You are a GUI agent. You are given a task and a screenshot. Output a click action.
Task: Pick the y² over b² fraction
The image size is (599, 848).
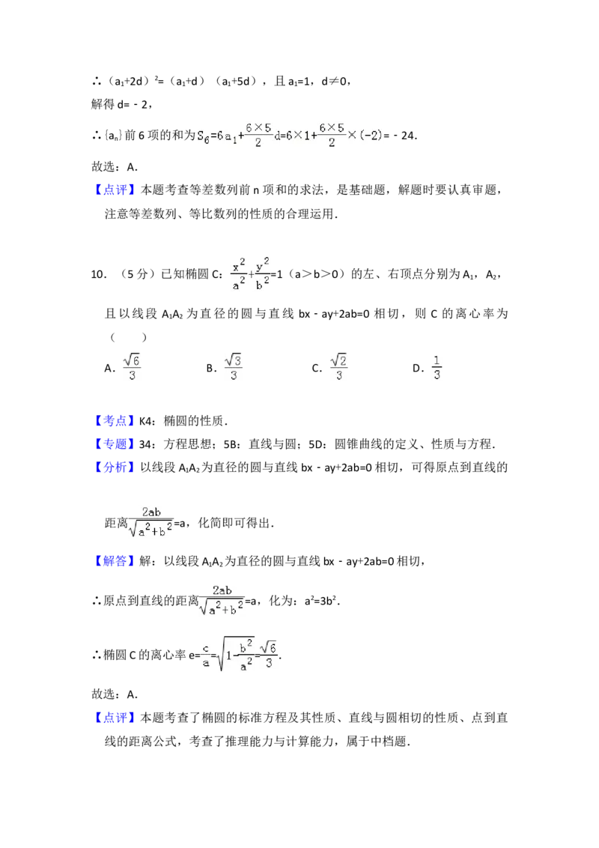(262, 273)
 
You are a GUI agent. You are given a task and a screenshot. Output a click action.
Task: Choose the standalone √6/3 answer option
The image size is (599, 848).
(131, 366)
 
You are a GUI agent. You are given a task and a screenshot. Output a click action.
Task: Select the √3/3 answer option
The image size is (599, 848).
(233, 366)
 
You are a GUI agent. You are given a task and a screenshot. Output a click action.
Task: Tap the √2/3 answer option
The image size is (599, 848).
(341, 366)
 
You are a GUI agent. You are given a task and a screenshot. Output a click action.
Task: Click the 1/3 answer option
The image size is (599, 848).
(437, 366)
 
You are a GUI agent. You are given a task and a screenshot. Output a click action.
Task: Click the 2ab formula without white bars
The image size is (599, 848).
(152, 521)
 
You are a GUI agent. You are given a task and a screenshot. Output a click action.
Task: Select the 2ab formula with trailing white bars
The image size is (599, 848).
(222, 599)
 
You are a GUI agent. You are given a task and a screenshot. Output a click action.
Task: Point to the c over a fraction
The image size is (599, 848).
(205, 654)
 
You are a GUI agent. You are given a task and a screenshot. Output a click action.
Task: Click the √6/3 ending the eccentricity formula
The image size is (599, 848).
(270, 654)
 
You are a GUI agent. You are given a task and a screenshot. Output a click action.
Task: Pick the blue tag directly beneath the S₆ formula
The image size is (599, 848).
(116, 189)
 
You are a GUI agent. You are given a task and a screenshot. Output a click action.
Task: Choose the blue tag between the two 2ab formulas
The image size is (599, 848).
(116, 561)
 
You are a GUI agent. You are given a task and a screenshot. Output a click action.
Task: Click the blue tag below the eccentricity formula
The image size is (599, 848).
(116, 718)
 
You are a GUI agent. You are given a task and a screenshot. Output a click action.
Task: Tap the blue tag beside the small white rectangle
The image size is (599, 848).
(116, 421)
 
